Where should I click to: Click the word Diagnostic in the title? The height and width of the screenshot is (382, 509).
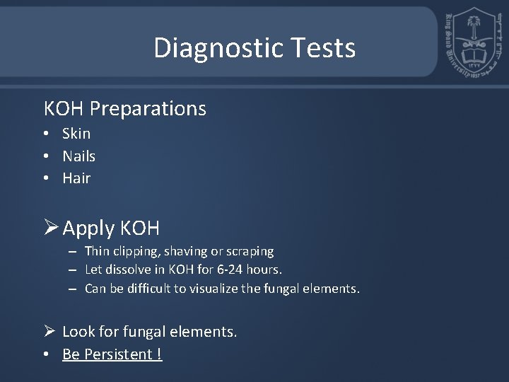tap(207, 48)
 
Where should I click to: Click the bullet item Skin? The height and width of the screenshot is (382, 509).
tap(76, 134)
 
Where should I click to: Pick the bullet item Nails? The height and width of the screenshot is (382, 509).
tap(78, 156)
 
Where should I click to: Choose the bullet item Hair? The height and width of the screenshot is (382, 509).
tap(76, 178)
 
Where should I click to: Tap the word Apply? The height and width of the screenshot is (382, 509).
tap(88, 229)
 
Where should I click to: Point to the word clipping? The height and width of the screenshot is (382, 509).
tap(135, 251)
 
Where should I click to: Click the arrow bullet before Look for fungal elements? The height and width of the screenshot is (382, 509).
tap(49, 331)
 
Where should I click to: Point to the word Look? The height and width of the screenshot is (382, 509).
tap(77, 332)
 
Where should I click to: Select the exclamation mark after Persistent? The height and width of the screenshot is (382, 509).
tap(159, 354)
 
